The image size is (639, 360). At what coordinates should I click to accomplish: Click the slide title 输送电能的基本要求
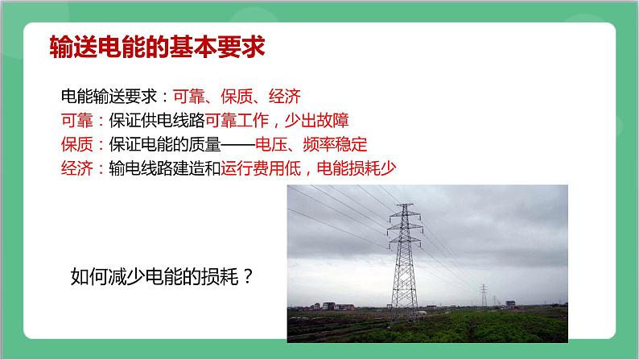(x=157, y=47)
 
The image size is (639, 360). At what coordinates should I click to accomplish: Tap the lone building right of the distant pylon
(x=510, y=304)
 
